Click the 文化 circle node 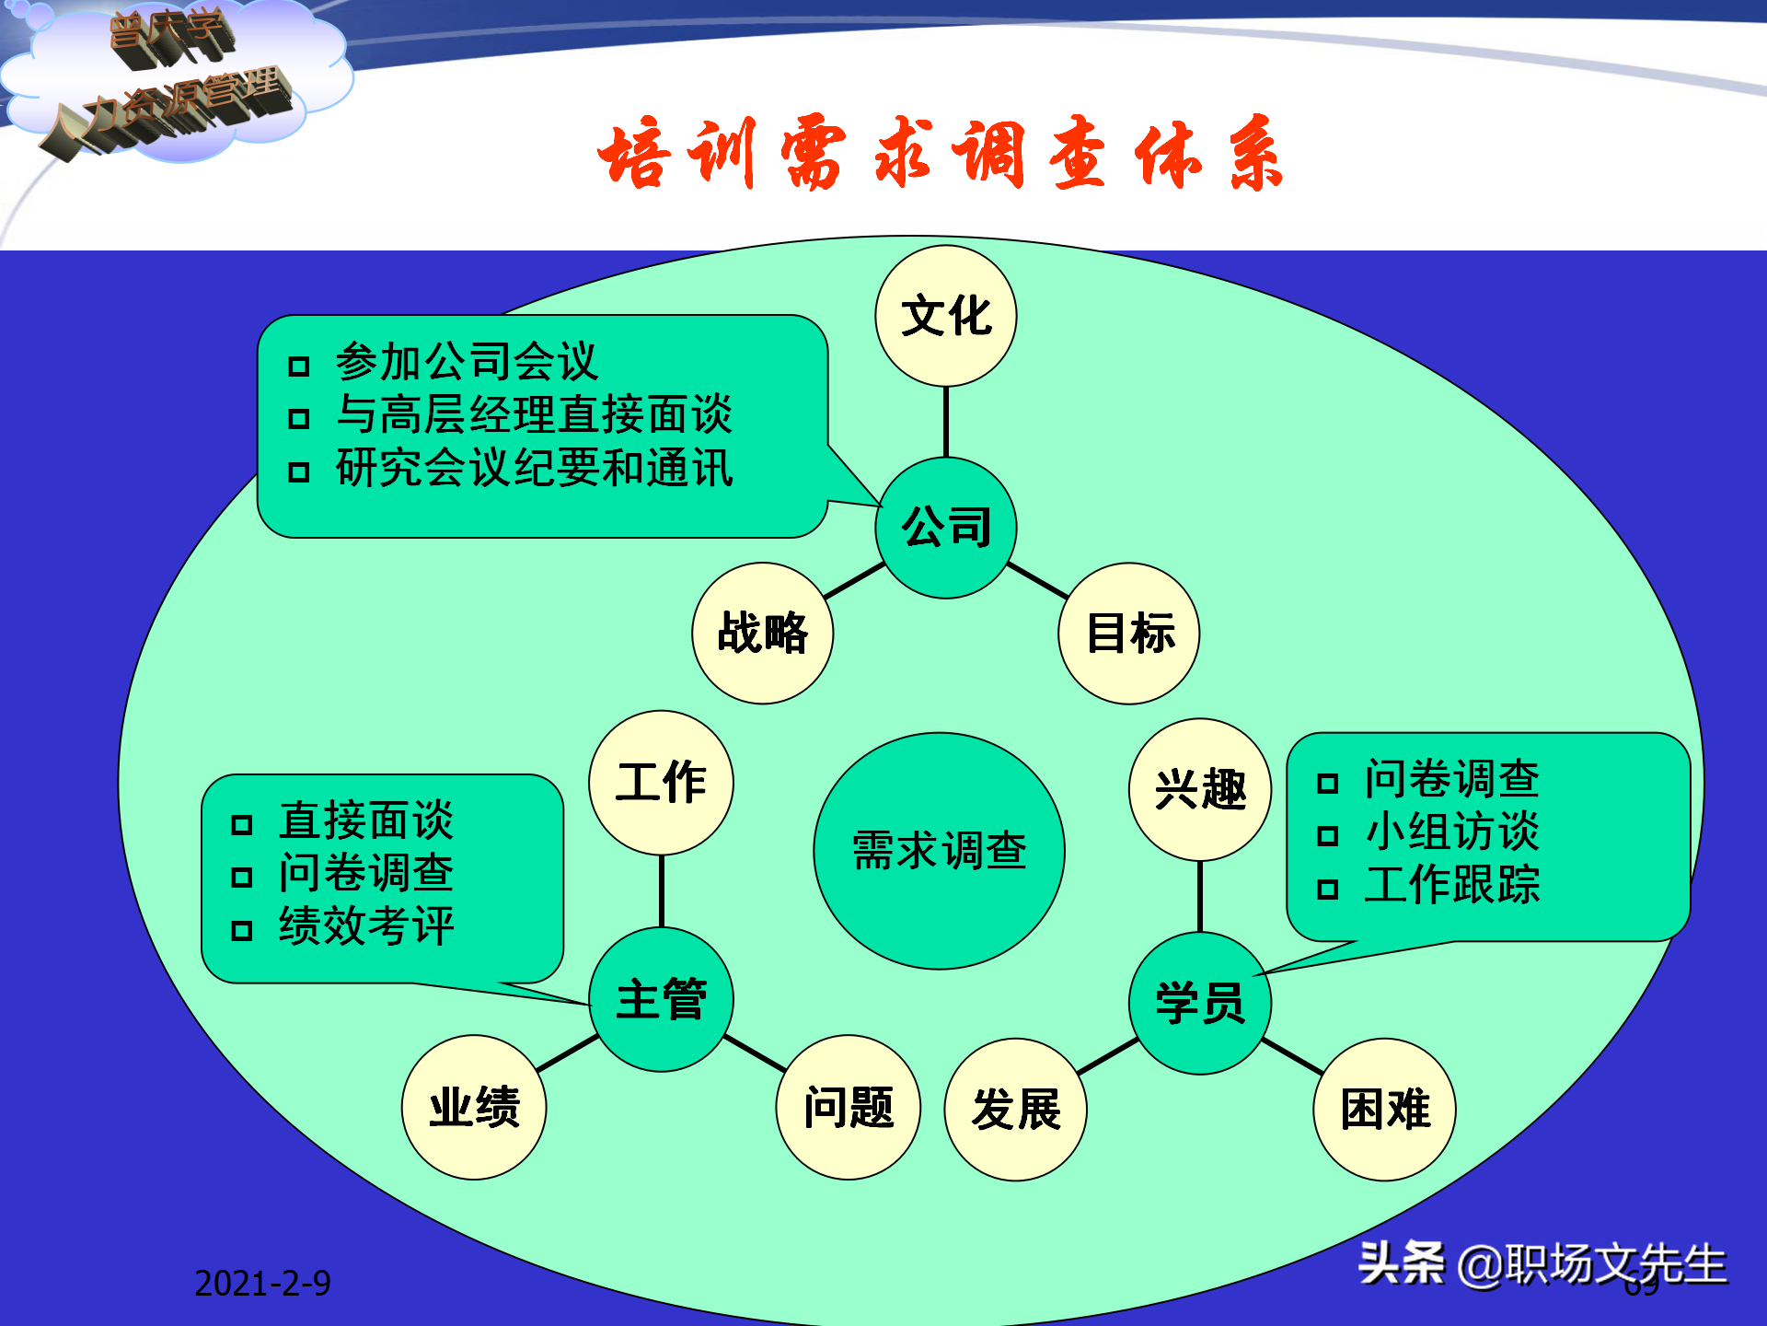click(946, 316)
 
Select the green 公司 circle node click(946, 528)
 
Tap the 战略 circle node click(762, 634)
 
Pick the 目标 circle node click(1129, 634)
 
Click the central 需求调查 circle click(939, 850)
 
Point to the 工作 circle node click(661, 783)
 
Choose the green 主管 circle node click(661, 999)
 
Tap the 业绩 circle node click(474, 1107)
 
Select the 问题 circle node click(849, 1107)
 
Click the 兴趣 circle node click(1200, 790)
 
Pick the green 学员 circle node click(1200, 1003)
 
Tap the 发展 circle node click(1016, 1109)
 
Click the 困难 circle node click(1385, 1109)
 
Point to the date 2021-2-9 click(262, 1284)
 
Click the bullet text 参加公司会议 click(467, 362)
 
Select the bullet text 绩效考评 click(366, 926)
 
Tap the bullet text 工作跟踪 click(1452, 885)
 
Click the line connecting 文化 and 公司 click(946, 422)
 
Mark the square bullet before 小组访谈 click(1327, 836)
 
